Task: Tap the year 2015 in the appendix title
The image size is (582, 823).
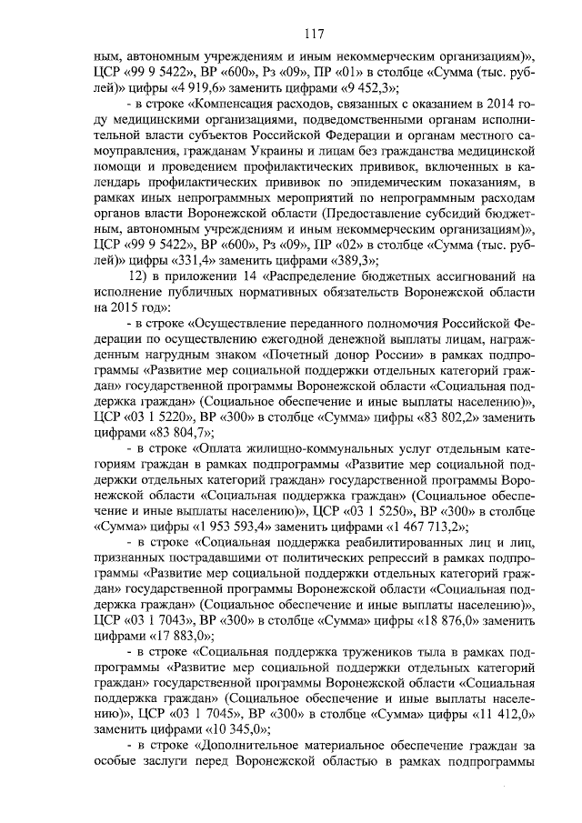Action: click(115, 309)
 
